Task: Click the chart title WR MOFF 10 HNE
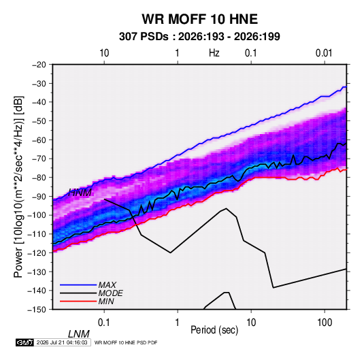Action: click(x=199, y=19)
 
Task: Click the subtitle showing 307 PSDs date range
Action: click(x=199, y=37)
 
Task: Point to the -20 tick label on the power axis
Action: click(x=39, y=65)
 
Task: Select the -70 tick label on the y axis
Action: click(x=39, y=159)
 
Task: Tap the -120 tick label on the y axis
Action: click(x=37, y=252)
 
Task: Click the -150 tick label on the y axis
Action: click(x=37, y=310)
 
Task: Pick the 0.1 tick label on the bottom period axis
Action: click(x=104, y=323)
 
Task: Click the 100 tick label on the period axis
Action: click(x=325, y=323)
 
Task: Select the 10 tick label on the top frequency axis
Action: click(x=104, y=53)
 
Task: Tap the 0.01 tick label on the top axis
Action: click(x=324, y=53)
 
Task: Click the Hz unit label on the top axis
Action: click(x=214, y=53)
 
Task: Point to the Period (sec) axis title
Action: click(x=214, y=330)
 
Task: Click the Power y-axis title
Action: click(x=18, y=187)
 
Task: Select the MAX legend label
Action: click(x=107, y=285)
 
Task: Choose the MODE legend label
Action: click(x=110, y=293)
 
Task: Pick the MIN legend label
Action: click(x=106, y=301)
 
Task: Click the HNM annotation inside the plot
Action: click(x=80, y=193)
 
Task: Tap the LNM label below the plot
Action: click(x=79, y=334)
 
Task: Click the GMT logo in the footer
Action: click(x=24, y=342)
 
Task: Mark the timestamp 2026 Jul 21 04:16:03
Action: click(x=62, y=342)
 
